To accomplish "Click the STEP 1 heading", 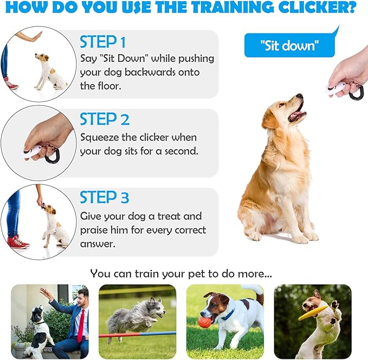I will tap(103, 42).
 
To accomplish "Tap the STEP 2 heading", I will tap(105, 119).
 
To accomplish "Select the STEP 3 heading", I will tap(105, 197).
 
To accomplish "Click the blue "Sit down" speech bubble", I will tap(289, 46).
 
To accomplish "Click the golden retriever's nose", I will tap(300, 97).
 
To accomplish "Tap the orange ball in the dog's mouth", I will tap(204, 322).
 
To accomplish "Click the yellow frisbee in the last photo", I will tap(312, 312).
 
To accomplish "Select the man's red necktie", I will tap(80, 326).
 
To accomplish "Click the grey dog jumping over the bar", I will tap(137, 317).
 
